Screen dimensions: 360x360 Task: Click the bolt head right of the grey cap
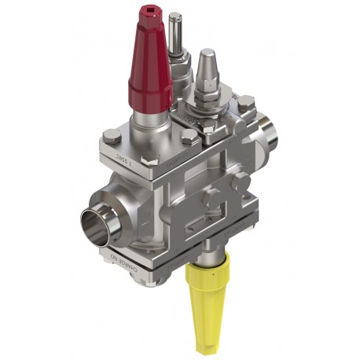point(246,101)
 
